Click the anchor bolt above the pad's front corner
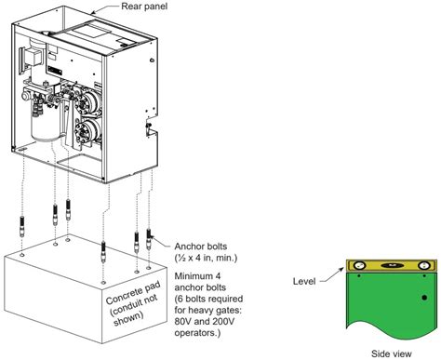tap(102, 253)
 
